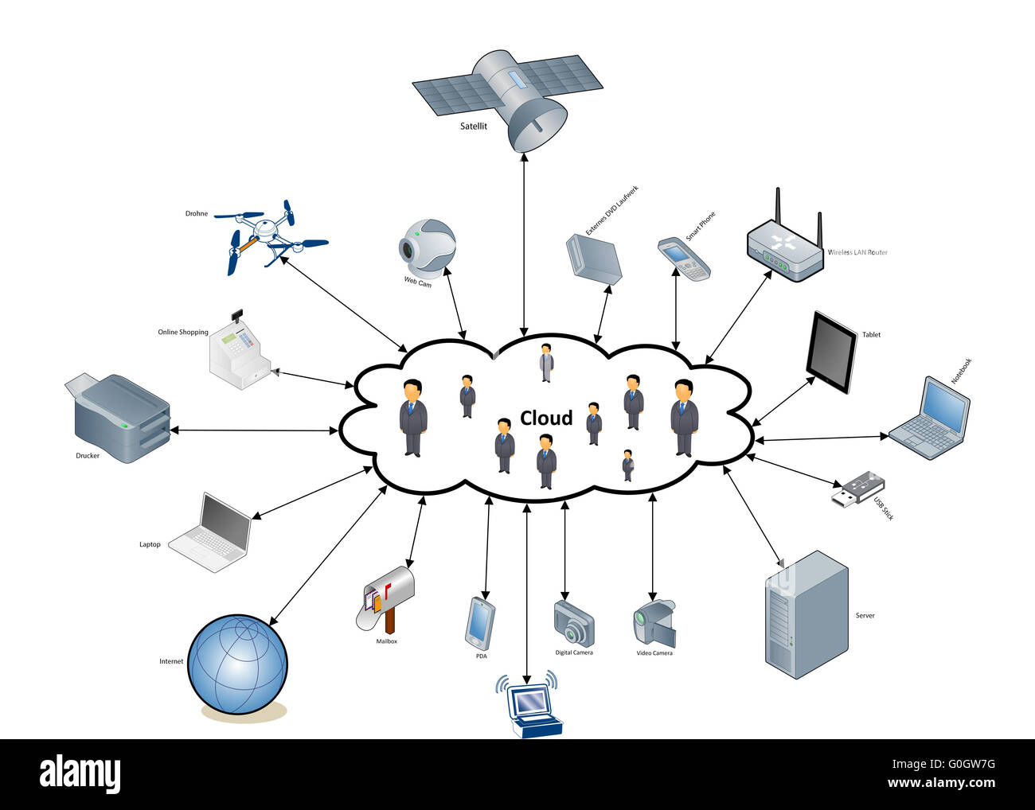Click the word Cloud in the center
546,418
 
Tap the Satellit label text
473,127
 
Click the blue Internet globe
237,664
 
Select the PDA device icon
479,623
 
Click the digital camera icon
574,623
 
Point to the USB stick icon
858,489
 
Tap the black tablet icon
831,352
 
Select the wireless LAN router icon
785,247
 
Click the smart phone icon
684,259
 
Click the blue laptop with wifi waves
530,705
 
